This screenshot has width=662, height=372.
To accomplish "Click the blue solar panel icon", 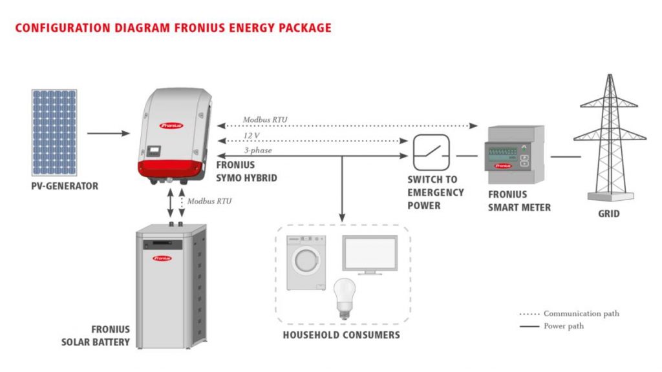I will pyautogui.click(x=54, y=132).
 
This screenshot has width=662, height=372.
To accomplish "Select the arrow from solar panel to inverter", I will pyautogui.click(x=108, y=134).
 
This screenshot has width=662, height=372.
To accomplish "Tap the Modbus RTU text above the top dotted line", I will pyautogui.click(x=265, y=119).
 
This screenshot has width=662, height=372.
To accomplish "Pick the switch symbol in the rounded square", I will pyautogui.click(x=431, y=152).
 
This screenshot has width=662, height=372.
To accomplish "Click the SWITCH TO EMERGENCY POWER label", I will pyautogui.click(x=435, y=192).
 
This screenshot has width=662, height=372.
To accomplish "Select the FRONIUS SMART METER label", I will pyautogui.click(x=519, y=200).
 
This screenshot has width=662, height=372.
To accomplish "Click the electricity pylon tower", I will pyautogui.click(x=608, y=136).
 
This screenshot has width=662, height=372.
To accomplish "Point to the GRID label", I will pyautogui.click(x=608, y=213).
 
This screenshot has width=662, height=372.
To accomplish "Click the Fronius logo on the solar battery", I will pyautogui.click(x=162, y=258).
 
